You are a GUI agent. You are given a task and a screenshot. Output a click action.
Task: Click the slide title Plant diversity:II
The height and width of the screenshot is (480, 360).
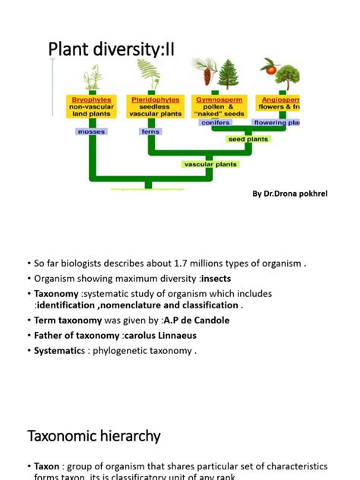[111, 49]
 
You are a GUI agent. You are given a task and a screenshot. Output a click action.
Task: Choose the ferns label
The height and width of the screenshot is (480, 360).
[150, 131]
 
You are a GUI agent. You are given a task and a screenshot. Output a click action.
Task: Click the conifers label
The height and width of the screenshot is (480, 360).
[215, 122]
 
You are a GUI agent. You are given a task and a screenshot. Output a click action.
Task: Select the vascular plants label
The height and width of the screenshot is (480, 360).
[210, 164]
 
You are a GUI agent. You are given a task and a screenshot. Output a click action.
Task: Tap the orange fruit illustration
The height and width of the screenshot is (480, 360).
[270, 70]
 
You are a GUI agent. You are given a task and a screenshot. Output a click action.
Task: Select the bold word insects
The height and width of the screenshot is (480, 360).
[216, 278]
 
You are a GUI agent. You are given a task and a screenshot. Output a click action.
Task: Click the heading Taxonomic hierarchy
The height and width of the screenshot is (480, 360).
[94, 436]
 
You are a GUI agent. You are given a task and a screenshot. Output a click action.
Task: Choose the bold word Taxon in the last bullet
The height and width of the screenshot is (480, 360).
[50, 466]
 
